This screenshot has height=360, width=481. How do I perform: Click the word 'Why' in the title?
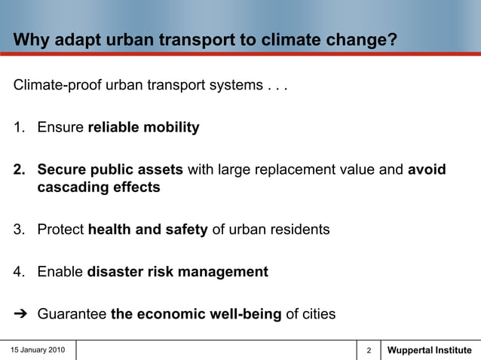point(29,39)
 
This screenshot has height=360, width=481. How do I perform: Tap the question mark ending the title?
point(392,39)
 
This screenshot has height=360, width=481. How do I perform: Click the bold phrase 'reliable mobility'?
point(143,127)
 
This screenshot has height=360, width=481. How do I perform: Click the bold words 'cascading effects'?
point(99,188)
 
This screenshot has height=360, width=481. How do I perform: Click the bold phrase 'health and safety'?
point(148,230)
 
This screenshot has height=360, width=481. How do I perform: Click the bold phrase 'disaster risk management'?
point(177,272)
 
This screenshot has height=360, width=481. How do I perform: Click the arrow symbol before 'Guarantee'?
point(20,314)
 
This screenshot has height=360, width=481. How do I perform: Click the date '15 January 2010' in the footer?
point(38,350)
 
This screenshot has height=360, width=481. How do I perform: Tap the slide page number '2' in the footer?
point(369,351)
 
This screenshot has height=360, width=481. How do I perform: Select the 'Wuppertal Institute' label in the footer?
point(429,350)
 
